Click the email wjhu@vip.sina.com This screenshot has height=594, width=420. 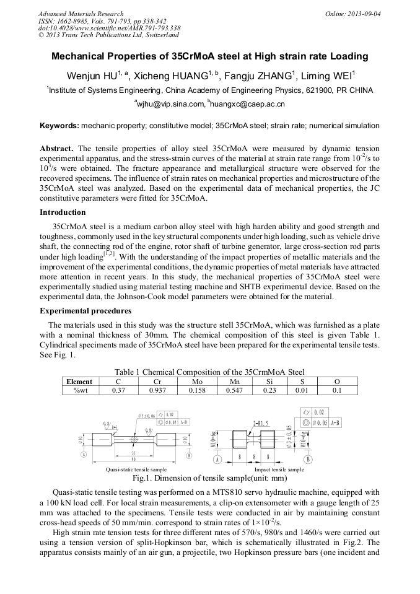170,103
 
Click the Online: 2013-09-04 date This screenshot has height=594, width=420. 353,14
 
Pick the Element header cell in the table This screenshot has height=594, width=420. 80,382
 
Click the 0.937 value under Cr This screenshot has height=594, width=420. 155,390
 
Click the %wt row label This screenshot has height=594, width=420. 80,390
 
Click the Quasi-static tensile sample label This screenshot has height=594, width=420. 136,470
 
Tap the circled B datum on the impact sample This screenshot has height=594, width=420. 308,459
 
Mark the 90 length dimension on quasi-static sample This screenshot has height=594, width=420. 134,459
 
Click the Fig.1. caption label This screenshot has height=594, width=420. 143,478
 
